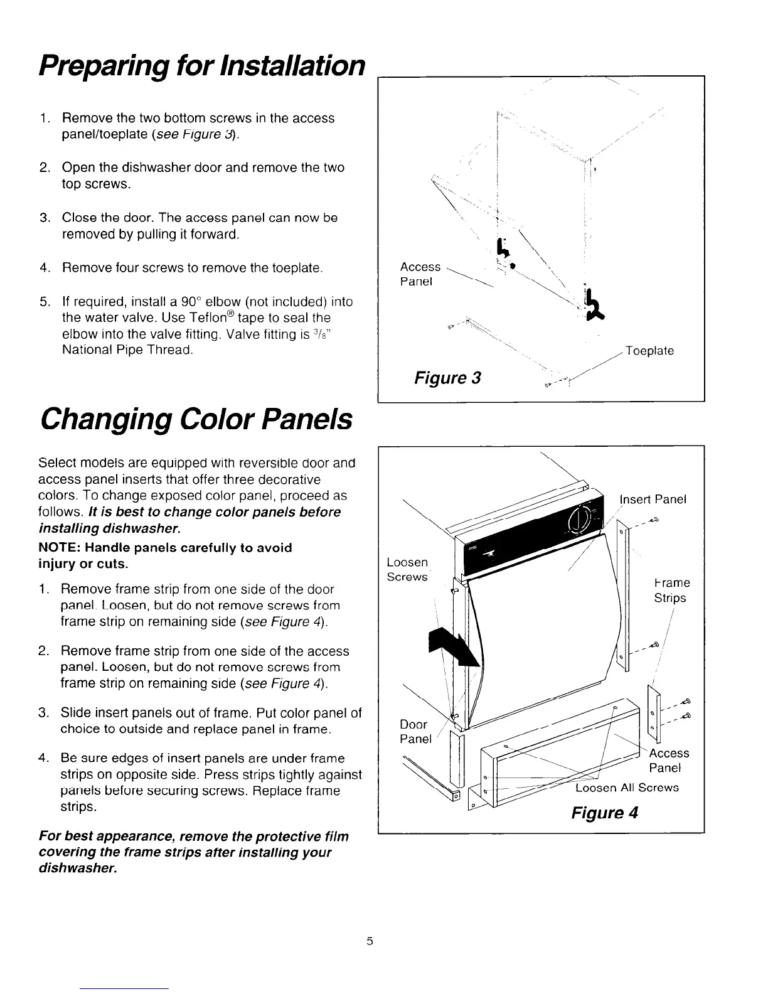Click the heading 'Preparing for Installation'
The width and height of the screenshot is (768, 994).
click(x=201, y=65)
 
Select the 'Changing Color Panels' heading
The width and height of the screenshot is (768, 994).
click(x=195, y=420)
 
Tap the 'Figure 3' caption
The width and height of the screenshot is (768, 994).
click(x=447, y=378)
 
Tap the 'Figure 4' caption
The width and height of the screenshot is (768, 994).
click(x=604, y=813)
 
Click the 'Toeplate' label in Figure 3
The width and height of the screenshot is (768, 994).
click(x=649, y=351)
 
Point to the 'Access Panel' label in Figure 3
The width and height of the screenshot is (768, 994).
click(x=420, y=274)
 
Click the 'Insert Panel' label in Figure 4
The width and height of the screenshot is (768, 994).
click(x=653, y=499)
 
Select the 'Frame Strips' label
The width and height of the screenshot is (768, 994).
click(x=670, y=591)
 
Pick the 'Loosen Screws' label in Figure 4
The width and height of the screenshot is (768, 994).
click(x=407, y=569)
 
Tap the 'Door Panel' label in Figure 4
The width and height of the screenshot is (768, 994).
click(x=415, y=732)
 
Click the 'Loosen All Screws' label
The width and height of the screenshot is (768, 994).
click(x=627, y=788)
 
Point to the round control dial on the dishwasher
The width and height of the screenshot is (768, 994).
click(x=579, y=518)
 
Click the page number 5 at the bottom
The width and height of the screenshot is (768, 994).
click(x=370, y=941)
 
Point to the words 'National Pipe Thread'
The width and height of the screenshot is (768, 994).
click(x=127, y=350)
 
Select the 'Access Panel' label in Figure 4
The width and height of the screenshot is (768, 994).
click(x=668, y=761)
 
